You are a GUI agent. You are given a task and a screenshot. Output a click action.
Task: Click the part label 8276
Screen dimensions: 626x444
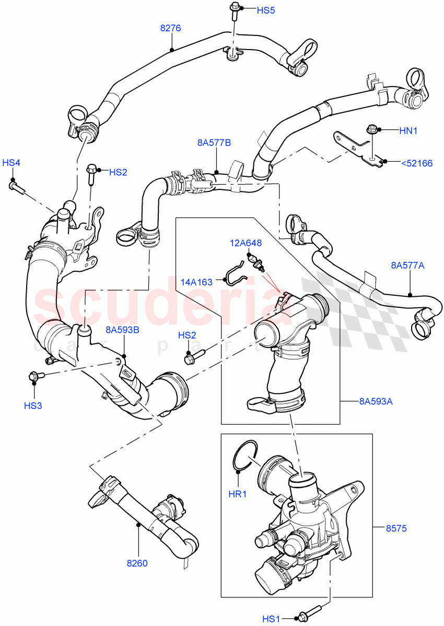point(170,28)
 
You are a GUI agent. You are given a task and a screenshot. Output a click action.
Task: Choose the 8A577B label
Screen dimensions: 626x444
point(214,142)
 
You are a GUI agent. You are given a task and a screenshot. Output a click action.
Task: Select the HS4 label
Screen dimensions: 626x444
point(11,163)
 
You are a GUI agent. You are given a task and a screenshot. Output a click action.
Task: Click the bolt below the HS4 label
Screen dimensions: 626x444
point(16,186)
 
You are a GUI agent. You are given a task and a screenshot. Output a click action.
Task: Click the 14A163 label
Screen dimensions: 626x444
point(197,282)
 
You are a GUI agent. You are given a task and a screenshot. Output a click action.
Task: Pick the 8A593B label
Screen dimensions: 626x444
point(122,329)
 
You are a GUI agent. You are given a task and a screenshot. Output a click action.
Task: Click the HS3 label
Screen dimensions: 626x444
point(33,405)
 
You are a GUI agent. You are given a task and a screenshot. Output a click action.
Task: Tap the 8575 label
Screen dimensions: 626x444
point(396,528)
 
